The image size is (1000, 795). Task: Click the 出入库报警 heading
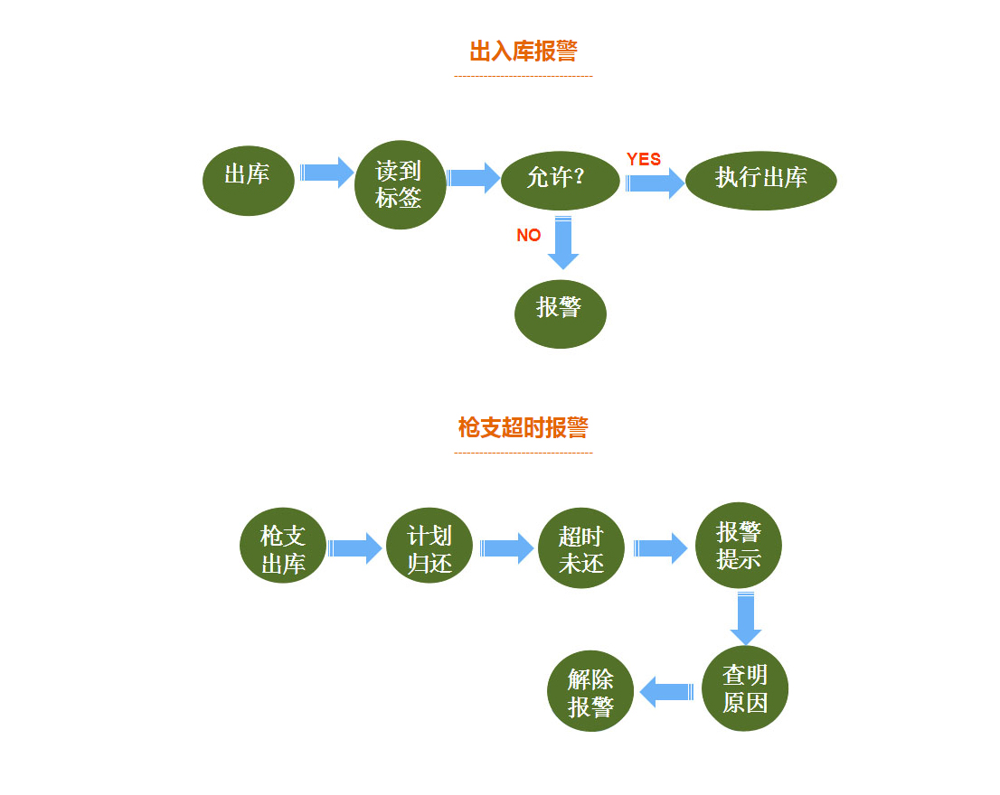[523, 51]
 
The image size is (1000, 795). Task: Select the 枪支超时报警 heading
[523, 427]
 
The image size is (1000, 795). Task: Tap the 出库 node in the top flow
[248, 175]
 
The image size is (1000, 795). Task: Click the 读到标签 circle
[400, 184]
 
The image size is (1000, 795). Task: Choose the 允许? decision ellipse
[560, 179]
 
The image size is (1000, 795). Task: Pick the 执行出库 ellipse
[760, 179]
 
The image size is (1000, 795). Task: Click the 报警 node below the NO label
[560, 309]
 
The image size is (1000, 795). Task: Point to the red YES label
[644, 159]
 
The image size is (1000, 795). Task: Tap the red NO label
[529, 235]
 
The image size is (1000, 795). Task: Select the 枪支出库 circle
[283, 547]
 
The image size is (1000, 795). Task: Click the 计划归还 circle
[429, 547]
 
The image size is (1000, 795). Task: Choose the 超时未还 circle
[580, 548]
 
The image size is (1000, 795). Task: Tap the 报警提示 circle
[738, 545]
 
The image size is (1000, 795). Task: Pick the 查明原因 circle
[745, 687]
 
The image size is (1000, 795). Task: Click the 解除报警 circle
[590, 691]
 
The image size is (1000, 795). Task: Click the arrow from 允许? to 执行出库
[656, 182]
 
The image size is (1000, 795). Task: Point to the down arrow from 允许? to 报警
[563, 242]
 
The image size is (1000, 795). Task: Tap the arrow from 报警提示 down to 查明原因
[746, 618]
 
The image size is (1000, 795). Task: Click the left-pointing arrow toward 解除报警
[666, 693]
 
